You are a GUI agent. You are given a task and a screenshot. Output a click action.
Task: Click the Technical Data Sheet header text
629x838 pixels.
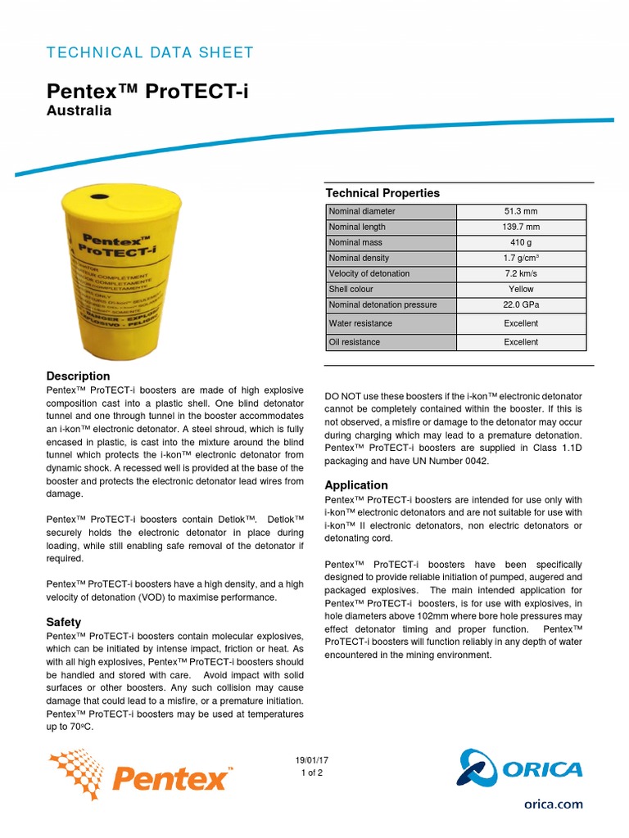149,53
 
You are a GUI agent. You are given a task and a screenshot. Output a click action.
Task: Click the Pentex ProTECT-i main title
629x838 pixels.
147,91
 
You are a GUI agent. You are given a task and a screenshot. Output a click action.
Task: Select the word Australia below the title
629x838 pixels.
78,110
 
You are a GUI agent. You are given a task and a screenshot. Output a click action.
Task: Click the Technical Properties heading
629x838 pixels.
382,193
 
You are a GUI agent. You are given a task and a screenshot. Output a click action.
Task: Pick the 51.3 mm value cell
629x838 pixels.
521,211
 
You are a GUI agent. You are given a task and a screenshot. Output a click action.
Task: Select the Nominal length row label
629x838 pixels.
357,227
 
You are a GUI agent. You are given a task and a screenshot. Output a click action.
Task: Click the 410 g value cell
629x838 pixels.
521,242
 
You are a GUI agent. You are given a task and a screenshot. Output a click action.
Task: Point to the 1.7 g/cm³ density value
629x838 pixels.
521,258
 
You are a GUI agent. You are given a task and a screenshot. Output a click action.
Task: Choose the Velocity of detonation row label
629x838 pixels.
369,273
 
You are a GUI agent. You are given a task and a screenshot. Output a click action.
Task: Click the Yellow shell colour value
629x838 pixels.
521,289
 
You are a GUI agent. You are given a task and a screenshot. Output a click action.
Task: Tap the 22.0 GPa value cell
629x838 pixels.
521,304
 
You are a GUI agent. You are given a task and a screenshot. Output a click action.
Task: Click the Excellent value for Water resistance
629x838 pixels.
521,323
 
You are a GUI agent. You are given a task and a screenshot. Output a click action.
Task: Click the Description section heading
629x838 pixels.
79,376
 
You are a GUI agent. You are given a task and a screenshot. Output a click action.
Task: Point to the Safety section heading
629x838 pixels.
63,623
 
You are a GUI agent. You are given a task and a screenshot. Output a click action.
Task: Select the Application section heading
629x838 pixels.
356,485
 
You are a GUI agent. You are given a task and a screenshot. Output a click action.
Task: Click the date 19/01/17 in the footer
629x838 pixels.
311,760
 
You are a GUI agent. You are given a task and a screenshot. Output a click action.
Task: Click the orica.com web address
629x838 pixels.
554,804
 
